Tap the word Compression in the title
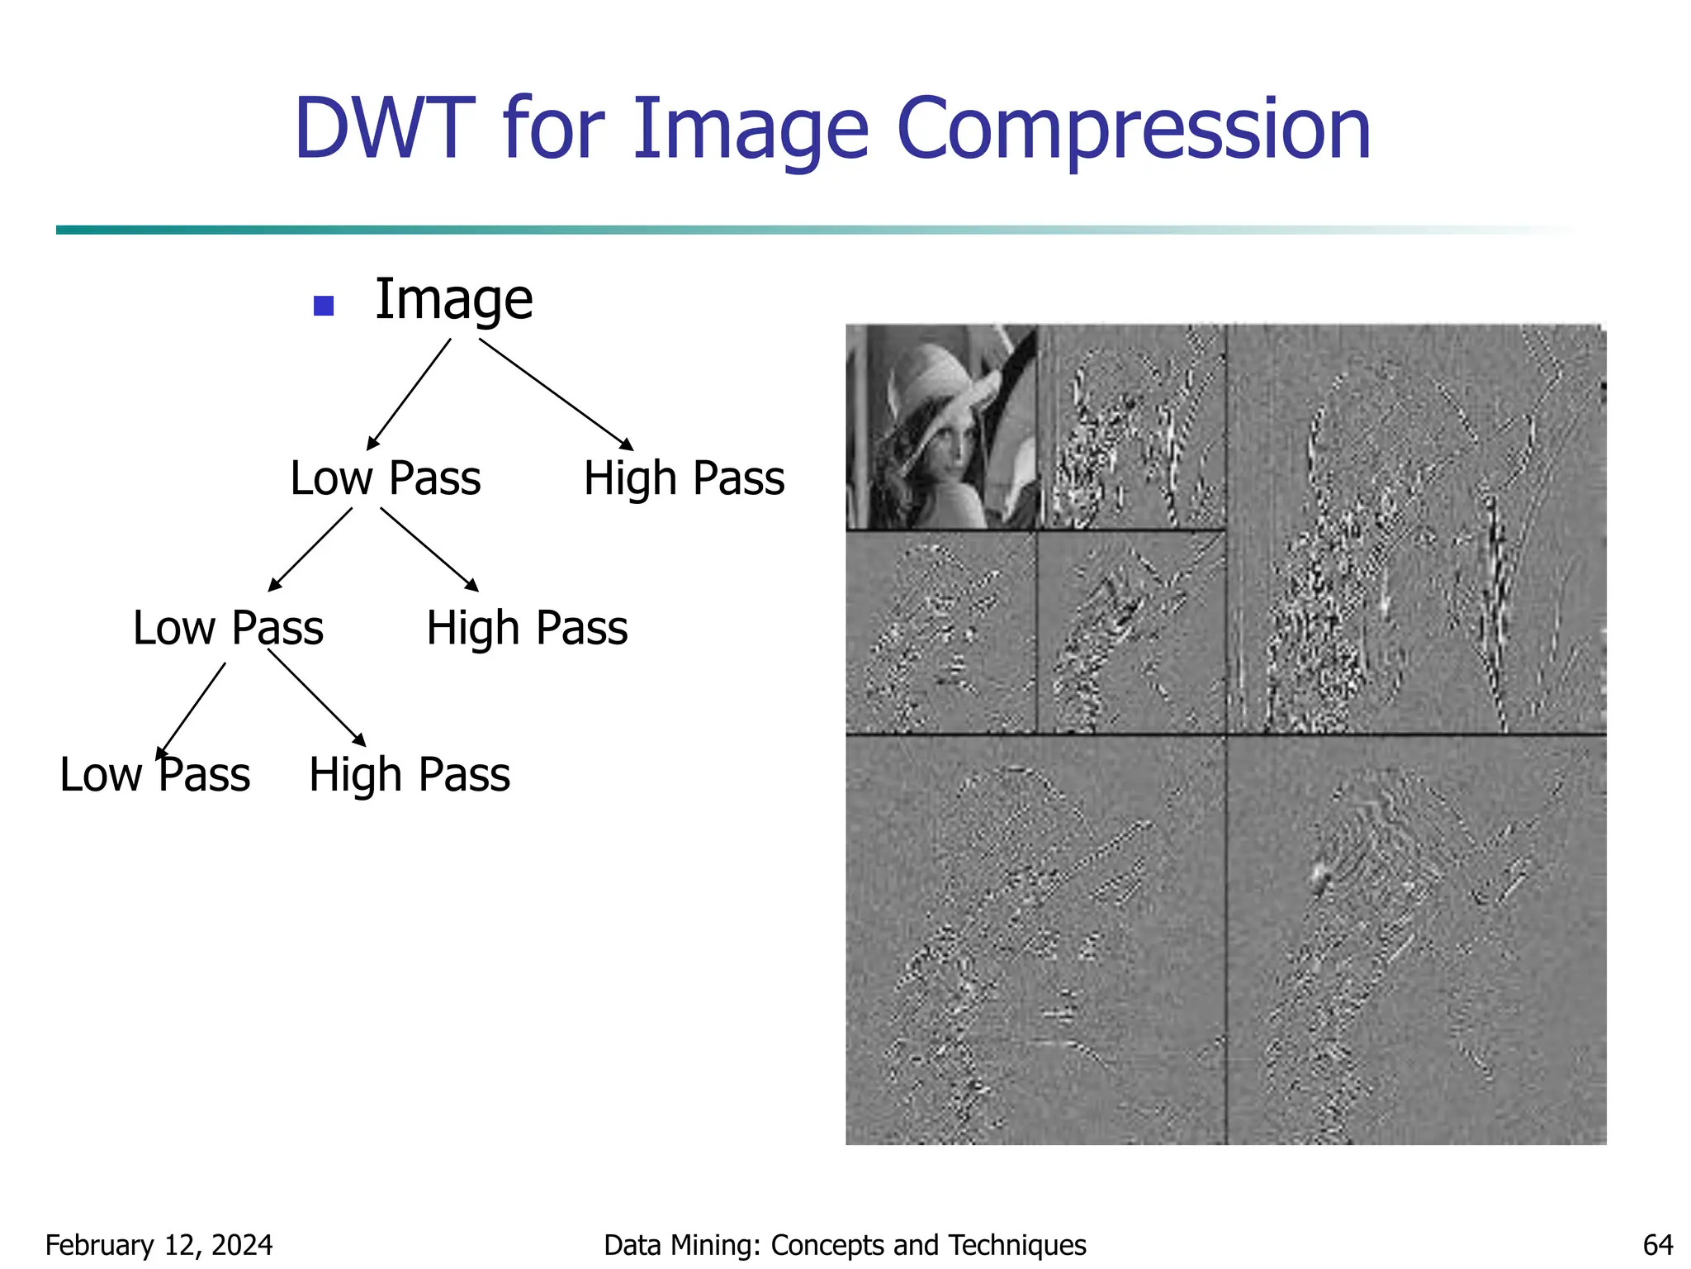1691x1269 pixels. pyautogui.click(x=1134, y=130)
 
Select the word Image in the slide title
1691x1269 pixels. pyautogui.click(x=751, y=130)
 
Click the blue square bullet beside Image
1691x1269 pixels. pyautogui.click(x=324, y=306)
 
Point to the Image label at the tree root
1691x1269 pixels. pyautogui.click(x=453, y=299)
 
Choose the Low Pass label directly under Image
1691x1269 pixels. pyautogui.click(x=385, y=478)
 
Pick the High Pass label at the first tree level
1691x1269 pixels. pyautogui.click(x=684, y=478)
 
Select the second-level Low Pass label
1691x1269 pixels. pyautogui.click(x=228, y=628)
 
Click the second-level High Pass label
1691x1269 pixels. pyautogui.click(x=527, y=628)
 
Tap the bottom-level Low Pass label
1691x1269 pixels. pyautogui.click(x=154, y=775)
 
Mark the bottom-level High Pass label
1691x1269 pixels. pyautogui.click(x=410, y=775)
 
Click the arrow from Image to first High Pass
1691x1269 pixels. pyautogui.click(x=556, y=394)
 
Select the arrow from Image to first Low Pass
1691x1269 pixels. pyautogui.click(x=410, y=393)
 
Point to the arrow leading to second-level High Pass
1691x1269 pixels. pyautogui.click(x=429, y=549)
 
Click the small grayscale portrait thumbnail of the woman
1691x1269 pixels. pyautogui.click(x=940, y=426)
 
